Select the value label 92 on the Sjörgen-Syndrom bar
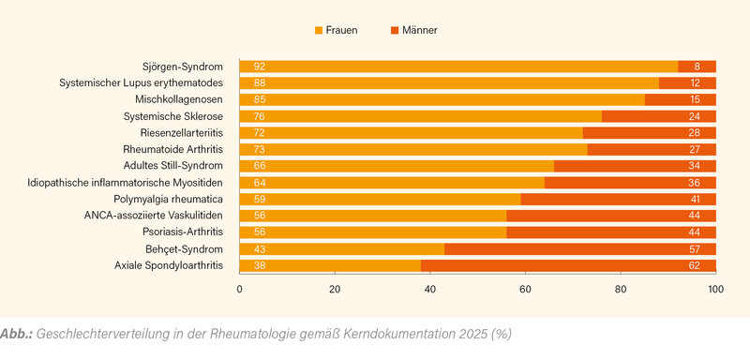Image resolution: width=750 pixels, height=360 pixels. pos(259,67)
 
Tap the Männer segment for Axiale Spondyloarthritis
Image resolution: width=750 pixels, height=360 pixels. pos(562,265)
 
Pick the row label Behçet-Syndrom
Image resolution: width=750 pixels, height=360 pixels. pos(185,248)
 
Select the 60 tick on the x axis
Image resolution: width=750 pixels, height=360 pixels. pos(526,291)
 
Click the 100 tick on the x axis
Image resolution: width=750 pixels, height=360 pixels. pos(715,291)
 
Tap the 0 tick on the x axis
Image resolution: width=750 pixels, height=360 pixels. pos(240,291)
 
